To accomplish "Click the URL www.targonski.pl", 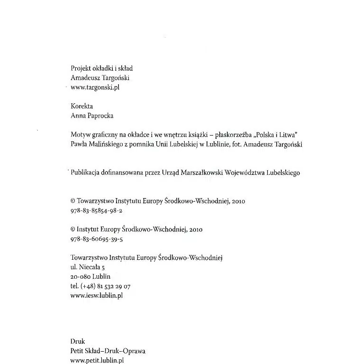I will pos(94,88).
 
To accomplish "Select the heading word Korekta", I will pos(81,107).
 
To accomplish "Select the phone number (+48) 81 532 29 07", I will pos(106,286).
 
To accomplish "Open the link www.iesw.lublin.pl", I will pos(96,295).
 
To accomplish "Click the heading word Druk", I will pos(77,341).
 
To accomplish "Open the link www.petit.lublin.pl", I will pos(97,360).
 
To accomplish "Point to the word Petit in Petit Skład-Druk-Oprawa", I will pos(77,351).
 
